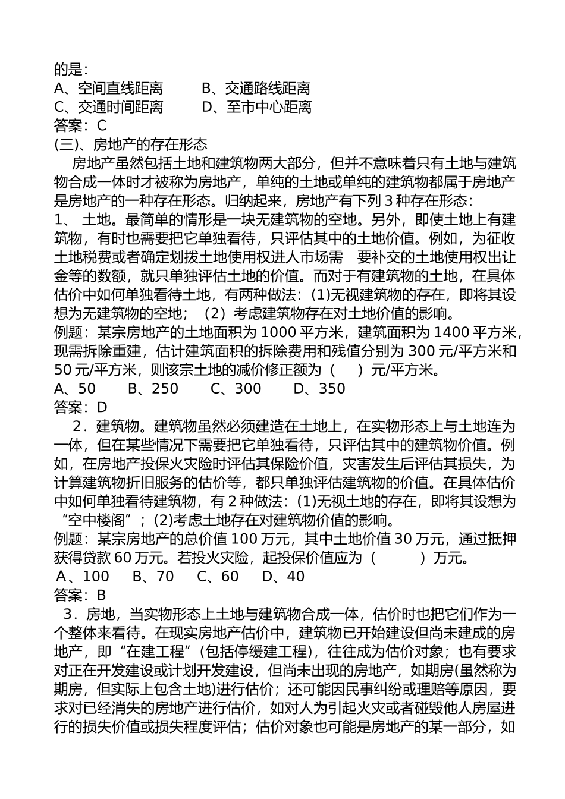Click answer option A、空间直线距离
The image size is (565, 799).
[108, 89]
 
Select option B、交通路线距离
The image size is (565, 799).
[256, 89]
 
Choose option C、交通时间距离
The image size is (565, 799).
[108, 107]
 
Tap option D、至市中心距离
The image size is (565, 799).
[256, 107]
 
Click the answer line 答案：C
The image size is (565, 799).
[80, 125]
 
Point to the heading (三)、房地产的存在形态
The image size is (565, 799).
[130, 144]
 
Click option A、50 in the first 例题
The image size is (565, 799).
[75, 389]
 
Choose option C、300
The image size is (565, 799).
[236, 389]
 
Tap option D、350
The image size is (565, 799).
[319, 389]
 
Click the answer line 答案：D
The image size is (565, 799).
[81, 407]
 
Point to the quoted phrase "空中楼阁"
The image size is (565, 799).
[96, 520]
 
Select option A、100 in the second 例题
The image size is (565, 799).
[83, 576]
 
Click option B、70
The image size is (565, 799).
[153, 576]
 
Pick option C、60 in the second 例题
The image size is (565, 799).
[218, 576]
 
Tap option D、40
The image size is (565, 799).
[283, 576]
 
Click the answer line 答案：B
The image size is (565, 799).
[80, 594]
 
